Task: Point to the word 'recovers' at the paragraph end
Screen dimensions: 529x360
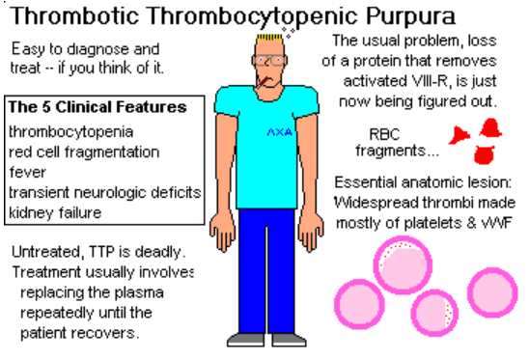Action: click(114, 333)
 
